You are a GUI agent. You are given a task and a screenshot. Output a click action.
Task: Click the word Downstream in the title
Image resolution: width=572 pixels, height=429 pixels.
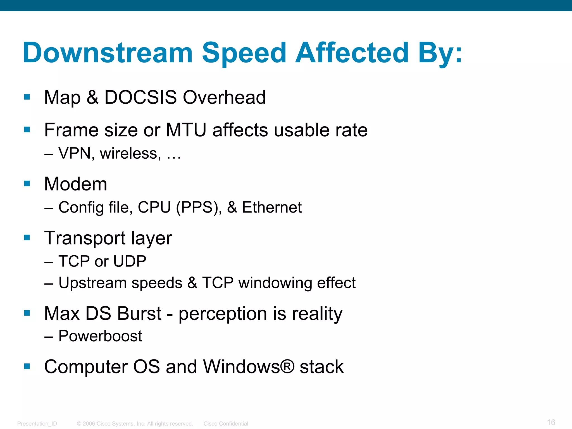tap(108, 53)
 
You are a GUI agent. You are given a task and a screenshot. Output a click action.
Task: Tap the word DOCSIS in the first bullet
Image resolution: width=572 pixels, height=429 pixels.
tap(140, 97)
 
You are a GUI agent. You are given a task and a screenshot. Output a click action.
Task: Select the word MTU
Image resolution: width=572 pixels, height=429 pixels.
tap(186, 130)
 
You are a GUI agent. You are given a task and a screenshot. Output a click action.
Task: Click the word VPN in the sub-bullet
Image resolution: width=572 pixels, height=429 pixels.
tap(75, 153)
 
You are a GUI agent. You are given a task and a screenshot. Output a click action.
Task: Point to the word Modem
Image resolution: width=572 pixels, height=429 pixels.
tap(76, 184)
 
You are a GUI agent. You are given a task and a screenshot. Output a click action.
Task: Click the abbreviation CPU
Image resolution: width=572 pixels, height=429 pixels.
tap(154, 207)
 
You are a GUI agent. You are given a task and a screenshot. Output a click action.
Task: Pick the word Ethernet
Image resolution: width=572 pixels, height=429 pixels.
tap(272, 207)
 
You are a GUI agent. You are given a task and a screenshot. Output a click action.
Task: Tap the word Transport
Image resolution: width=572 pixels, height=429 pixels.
tap(85, 238)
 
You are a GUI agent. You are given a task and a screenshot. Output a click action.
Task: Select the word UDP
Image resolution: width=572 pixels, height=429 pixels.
tap(130, 261)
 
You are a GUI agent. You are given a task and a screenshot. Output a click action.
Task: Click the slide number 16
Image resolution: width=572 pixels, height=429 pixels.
tap(551, 422)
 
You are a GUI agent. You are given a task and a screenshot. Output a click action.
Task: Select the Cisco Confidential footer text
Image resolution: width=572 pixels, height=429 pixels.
tap(226, 424)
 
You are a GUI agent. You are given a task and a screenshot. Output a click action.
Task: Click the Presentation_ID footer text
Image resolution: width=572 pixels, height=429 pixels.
tap(37, 424)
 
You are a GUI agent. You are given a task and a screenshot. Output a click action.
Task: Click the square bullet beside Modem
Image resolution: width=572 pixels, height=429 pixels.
tap(27, 183)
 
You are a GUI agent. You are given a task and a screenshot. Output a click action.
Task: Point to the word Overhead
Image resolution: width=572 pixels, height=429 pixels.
tap(224, 97)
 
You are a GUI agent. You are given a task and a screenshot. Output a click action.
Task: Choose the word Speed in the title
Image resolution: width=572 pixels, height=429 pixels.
tap(244, 53)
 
